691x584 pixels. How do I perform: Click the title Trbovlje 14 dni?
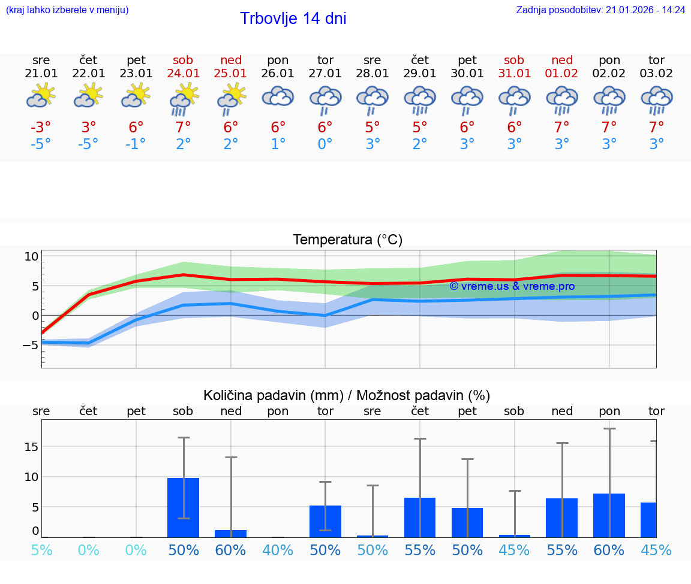point(293,19)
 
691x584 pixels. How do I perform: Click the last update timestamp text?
point(600,10)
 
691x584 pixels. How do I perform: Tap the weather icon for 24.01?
point(184,99)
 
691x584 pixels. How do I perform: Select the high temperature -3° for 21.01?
point(41,128)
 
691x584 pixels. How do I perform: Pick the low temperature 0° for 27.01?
point(325,144)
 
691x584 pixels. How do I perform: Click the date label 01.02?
point(562,74)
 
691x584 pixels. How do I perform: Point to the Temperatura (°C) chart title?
point(347,240)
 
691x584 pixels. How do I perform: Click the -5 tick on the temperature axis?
point(30,345)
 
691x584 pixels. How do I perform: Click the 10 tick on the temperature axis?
point(31,256)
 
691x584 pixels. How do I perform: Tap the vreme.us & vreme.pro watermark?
point(512,286)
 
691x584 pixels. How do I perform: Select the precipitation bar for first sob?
point(184,507)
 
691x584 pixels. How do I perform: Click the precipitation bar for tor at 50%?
point(325,521)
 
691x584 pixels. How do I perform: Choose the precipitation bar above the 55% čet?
point(420,518)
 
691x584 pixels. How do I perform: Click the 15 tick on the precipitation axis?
point(31,447)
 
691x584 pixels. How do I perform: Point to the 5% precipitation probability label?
point(41,550)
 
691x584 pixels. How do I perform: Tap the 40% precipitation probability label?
point(278,550)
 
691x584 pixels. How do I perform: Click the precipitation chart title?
point(347,395)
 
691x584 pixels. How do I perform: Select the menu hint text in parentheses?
point(67,10)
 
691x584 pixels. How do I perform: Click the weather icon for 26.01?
point(278,97)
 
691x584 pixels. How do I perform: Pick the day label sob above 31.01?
point(514,60)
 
